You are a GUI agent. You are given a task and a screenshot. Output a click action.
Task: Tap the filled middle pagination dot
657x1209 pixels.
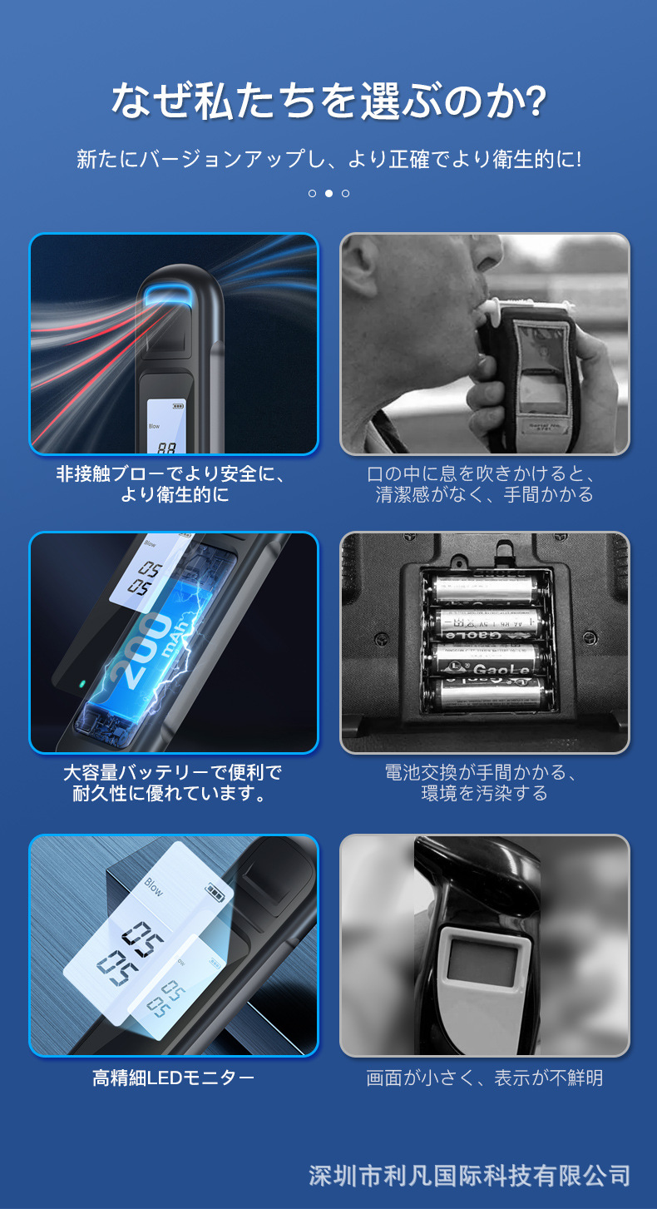(x=328, y=193)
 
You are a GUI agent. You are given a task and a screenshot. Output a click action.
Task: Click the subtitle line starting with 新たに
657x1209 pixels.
(x=328, y=158)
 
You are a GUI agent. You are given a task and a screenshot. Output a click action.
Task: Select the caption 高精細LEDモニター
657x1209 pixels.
(x=173, y=1078)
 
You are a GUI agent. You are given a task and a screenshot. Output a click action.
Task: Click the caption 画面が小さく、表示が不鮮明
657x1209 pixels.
(x=484, y=1078)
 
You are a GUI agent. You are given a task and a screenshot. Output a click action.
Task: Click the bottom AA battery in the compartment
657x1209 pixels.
(x=487, y=694)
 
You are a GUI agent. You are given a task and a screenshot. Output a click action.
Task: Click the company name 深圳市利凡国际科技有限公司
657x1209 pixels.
(x=469, y=1176)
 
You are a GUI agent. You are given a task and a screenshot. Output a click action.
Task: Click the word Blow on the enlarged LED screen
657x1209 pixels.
(x=154, y=886)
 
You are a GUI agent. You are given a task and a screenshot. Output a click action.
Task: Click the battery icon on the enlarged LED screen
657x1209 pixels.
(x=216, y=894)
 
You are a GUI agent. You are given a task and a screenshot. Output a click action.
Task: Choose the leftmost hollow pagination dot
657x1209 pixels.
(x=312, y=193)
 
